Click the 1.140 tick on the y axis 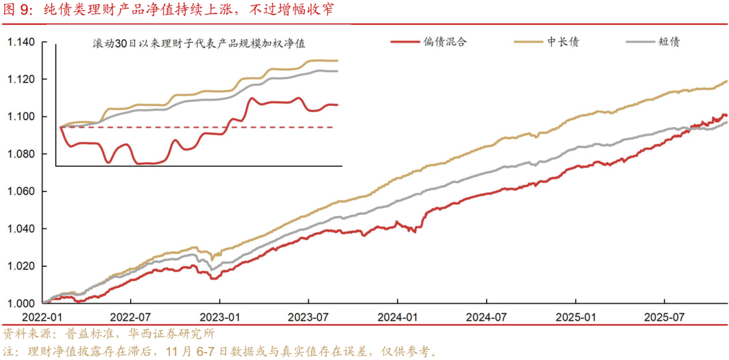pos(21,43)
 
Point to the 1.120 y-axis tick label pos(21,80)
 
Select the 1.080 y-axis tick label pos(21,154)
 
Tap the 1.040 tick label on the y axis pos(21,228)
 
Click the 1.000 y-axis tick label pos(21,303)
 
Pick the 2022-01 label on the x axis pos(42,317)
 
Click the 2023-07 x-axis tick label pos(308,317)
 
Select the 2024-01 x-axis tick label pos(398,317)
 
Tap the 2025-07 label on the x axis pos(664,317)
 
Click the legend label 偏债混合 pos(445,42)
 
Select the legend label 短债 pos(669,42)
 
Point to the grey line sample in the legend pos(639,42)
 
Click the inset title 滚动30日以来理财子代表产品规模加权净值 pos(199,44)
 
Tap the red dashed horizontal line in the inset pos(202,126)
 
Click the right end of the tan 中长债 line pos(727,82)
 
